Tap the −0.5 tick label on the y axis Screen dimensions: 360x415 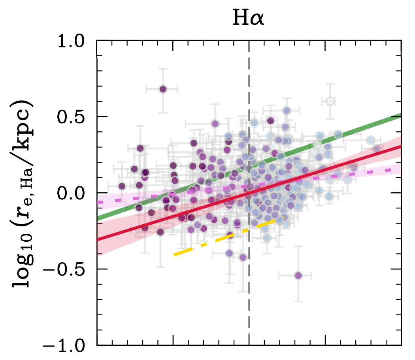click(71, 269)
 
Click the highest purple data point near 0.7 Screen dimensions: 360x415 click(162, 89)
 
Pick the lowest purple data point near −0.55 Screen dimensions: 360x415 click(298, 275)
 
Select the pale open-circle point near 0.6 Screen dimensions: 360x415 click(330, 102)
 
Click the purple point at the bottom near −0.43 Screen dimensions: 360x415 click(243, 258)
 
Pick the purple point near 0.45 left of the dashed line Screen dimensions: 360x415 click(215, 124)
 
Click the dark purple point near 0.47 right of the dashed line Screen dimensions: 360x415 click(270, 121)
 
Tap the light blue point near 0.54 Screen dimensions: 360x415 click(287, 110)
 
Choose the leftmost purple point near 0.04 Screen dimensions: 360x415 click(122, 186)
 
